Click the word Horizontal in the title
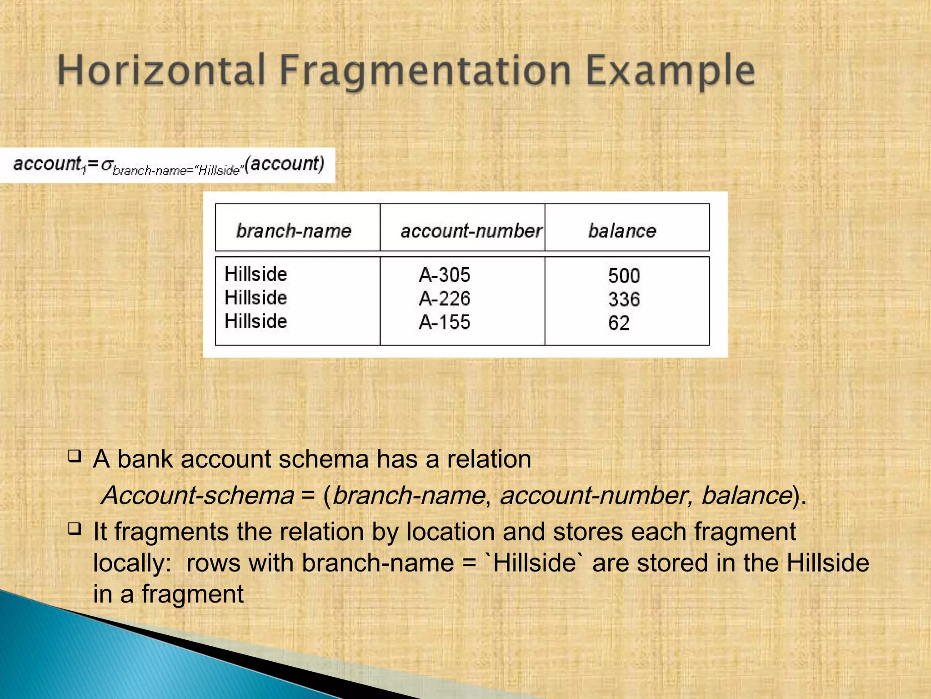pyautogui.click(x=161, y=71)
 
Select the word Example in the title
pyautogui.click(x=671, y=71)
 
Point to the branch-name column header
pyautogui.click(x=294, y=231)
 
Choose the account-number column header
pyautogui.click(x=471, y=231)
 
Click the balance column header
pyautogui.click(x=622, y=231)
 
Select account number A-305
pyautogui.click(x=444, y=275)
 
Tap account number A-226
pyautogui.click(x=444, y=299)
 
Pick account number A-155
pyautogui.click(x=444, y=322)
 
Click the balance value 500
pyautogui.click(x=624, y=276)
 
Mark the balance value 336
pyautogui.click(x=624, y=299)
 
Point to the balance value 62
pyautogui.click(x=619, y=323)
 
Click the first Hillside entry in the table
pyautogui.click(x=255, y=274)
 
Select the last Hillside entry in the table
pyautogui.click(x=255, y=321)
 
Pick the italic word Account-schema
pyautogui.click(x=198, y=495)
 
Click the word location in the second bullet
pyautogui.click(x=450, y=532)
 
